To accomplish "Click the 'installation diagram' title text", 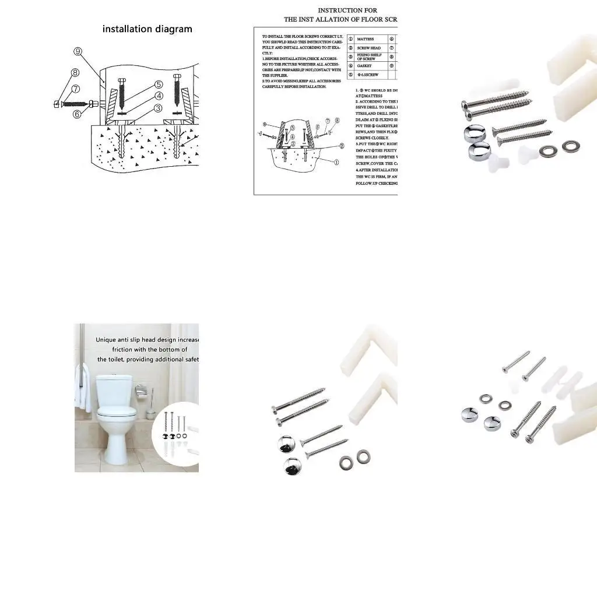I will [x=148, y=29].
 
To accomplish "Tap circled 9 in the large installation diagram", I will [x=77, y=51].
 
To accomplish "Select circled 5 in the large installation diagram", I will [x=158, y=84].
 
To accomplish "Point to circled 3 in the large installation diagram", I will [x=158, y=108].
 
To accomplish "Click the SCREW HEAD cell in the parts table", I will [x=368, y=48].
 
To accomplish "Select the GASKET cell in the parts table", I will [x=364, y=66].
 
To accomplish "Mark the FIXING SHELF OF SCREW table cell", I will [x=369, y=57].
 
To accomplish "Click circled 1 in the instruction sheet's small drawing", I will [x=336, y=163].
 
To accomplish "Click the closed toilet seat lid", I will [x=117, y=412].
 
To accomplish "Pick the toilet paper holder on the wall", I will [x=141, y=390].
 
